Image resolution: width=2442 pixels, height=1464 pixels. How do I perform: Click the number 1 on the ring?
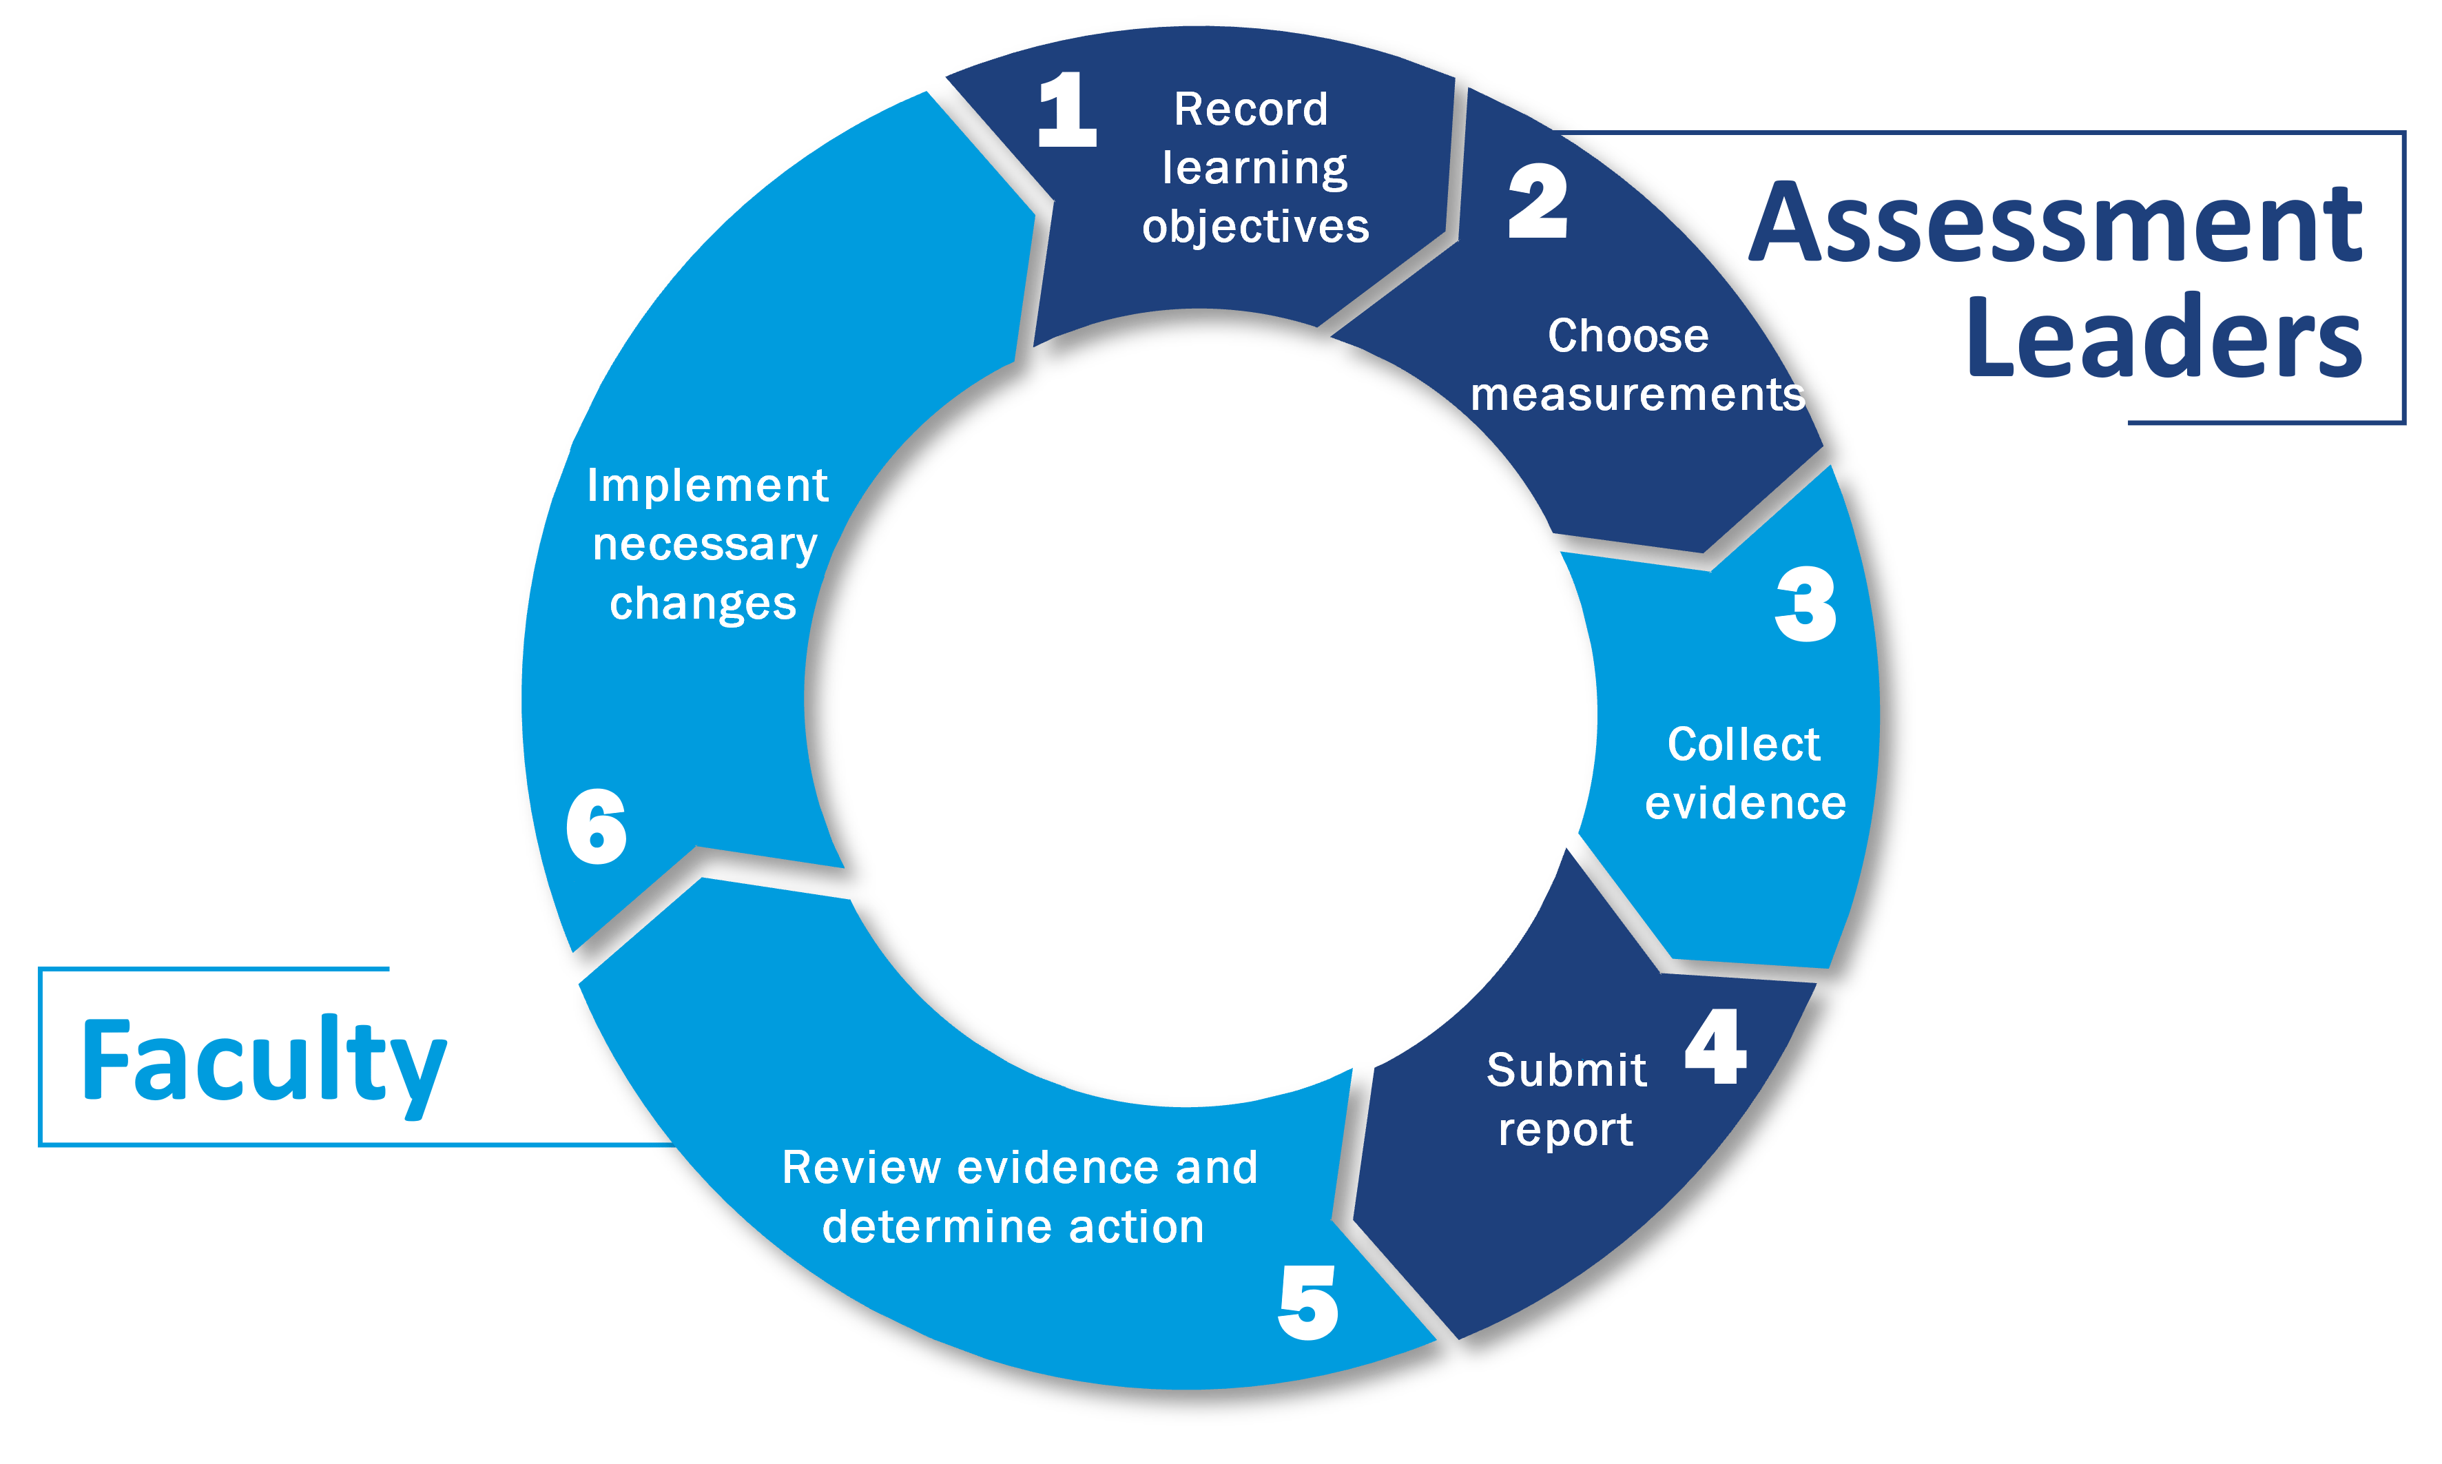coord(1067,110)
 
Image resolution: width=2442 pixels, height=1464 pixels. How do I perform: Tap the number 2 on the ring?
coord(1538,203)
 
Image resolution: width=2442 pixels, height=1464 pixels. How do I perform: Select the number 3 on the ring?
coord(1806,605)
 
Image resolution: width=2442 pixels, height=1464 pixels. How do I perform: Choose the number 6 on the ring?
coord(596,827)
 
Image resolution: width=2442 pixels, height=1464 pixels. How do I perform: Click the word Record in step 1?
coord(1250,110)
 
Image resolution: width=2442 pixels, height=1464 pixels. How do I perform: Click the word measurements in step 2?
coord(1638,395)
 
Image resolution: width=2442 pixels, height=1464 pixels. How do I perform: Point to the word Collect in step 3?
coord(1743,745)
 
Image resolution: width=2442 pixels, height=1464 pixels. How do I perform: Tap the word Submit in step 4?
coord(1566,1071)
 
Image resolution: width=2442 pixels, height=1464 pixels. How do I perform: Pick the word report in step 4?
coord(1565,1131)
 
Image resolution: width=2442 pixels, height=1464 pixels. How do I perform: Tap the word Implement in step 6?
coord(707,486)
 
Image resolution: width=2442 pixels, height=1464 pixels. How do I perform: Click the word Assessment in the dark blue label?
coord(2056,224)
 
